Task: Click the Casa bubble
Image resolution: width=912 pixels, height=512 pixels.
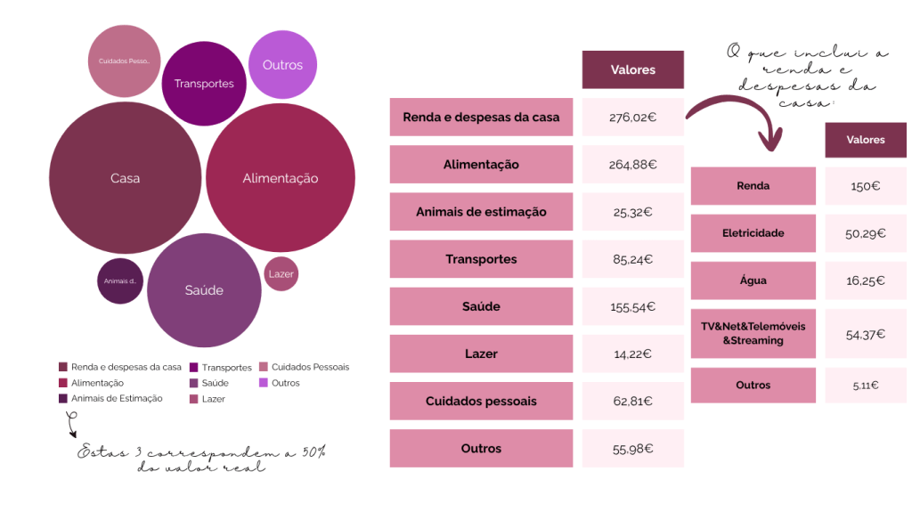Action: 125,178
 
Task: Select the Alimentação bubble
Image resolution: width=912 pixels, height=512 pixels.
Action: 281,178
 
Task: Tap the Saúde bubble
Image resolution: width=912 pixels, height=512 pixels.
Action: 204,290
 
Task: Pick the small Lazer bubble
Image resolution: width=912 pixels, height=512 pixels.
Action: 281,273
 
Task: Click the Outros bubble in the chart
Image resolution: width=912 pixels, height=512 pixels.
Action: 282,65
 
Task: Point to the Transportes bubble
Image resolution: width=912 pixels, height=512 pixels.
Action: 204,84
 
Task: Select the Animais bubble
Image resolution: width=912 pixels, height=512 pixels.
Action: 119,281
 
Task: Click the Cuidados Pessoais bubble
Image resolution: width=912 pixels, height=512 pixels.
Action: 124,61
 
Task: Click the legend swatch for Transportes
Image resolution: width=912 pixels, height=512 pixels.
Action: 194,367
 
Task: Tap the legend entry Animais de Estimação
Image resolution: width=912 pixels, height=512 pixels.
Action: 117,398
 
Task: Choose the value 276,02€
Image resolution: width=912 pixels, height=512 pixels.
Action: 632,117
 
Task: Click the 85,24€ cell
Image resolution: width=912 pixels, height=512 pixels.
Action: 632,259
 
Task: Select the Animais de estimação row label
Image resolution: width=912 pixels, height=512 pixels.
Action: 481,212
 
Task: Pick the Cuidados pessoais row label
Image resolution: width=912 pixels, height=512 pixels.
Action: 481,401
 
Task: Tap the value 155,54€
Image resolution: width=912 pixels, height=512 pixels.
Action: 632,306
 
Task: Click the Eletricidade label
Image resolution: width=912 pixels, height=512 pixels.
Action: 753,233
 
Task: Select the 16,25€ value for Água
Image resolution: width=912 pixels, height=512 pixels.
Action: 865,280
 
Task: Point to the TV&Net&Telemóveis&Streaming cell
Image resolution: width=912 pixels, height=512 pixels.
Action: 753,333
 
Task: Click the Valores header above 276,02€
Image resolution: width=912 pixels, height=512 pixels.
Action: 632,69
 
